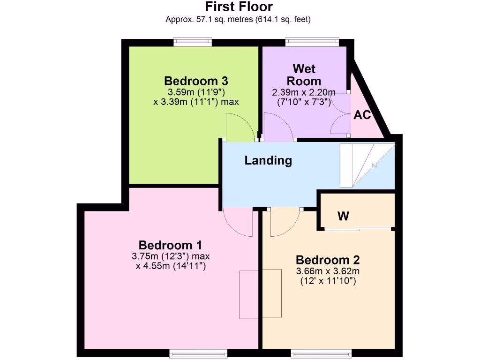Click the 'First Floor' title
[239, 7]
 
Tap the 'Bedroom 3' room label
[196, 80]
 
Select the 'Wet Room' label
[304, 75]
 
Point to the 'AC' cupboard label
[362, 115]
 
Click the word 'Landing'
[268, 161]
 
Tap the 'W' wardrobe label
[343, 216]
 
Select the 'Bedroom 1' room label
[170, 245]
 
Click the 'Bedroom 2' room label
[328, 260]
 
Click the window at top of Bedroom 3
[192, 43]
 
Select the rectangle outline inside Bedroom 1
[260, 294]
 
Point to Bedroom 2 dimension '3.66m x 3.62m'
[328, 271]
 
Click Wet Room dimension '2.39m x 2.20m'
[304, 92]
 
